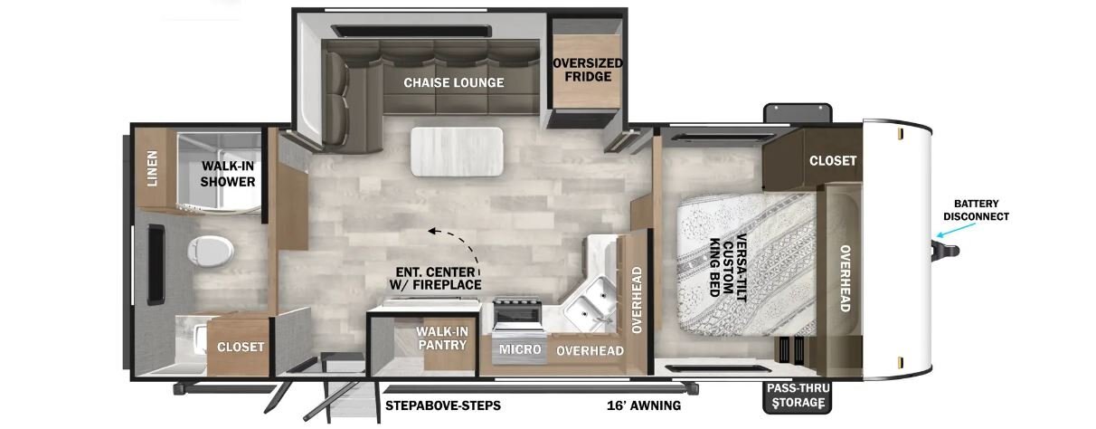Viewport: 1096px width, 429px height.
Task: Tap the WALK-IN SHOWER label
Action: pos(228,174)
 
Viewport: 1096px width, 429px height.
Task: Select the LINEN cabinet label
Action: pos(153,168)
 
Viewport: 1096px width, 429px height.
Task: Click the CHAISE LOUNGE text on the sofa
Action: pos(454,82)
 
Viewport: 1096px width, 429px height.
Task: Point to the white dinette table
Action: pos(457,152)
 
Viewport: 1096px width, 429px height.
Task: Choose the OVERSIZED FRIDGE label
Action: pos(588,70)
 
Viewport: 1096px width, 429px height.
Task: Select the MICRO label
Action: pos(520,349)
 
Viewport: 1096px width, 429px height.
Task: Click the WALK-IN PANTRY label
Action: pos(442,338)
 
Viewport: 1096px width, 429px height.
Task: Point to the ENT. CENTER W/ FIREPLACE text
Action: pos(436,278)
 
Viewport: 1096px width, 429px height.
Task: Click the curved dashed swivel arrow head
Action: pos(432,231)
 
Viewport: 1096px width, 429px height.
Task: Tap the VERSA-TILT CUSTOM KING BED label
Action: pos(728,267)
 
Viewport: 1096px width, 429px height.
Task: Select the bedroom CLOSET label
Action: pos(833,160)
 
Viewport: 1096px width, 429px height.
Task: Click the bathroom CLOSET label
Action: pos(241,347)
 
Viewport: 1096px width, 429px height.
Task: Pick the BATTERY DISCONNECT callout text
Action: pos(976,210)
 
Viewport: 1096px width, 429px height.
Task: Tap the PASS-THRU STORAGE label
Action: pos(798,396)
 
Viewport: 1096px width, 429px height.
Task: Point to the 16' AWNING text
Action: pos(644,405)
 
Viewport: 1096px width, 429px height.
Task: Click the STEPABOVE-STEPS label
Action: pos(443,405)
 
